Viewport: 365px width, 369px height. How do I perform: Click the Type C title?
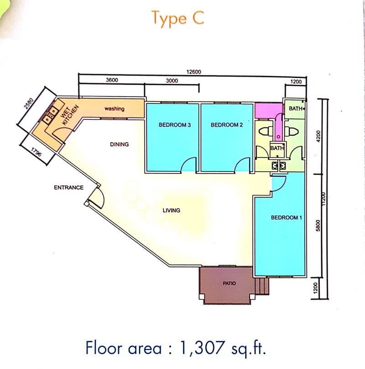178,18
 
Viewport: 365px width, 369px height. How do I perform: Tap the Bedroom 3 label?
175,125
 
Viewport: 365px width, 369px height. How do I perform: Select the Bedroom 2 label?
227,125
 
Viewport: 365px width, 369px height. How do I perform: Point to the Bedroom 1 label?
287,217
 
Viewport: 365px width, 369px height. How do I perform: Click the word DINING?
119,144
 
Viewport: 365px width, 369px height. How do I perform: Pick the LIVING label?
171,210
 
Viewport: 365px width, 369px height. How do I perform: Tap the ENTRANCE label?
68,188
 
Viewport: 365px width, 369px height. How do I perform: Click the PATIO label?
229,283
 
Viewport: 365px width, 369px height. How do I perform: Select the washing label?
115,109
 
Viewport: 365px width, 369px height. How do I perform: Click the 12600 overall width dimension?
194,72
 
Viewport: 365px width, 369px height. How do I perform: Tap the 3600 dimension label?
112,80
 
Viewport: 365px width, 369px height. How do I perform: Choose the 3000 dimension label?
172,81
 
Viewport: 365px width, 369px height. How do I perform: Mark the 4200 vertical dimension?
318,136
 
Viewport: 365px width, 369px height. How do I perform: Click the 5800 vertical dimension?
318,225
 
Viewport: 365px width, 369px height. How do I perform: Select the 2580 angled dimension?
29,104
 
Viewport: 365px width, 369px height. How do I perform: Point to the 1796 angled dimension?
36,152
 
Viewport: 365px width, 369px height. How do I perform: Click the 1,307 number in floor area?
202,348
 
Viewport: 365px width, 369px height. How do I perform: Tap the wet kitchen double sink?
50,114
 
